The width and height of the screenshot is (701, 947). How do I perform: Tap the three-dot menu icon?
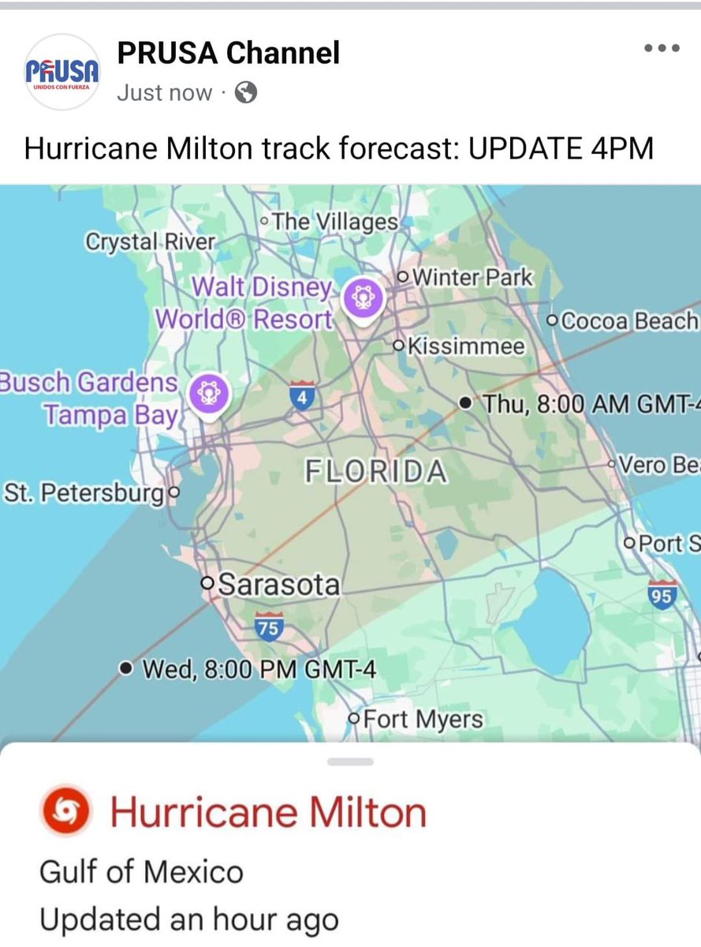coord(662,49)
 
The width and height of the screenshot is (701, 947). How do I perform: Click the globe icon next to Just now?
coord(246,93)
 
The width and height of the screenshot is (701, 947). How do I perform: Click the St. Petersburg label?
coord(84,494)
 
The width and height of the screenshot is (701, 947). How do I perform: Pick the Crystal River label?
coord(150,241)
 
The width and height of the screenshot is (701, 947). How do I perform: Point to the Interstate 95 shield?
coord(662,594)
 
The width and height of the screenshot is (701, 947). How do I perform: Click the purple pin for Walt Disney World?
coord(364,298)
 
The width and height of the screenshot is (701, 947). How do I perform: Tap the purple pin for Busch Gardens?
coord(208,391)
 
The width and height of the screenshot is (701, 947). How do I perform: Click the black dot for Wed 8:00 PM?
coord(125,669)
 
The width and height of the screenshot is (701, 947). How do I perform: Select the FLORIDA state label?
coord(375,472)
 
